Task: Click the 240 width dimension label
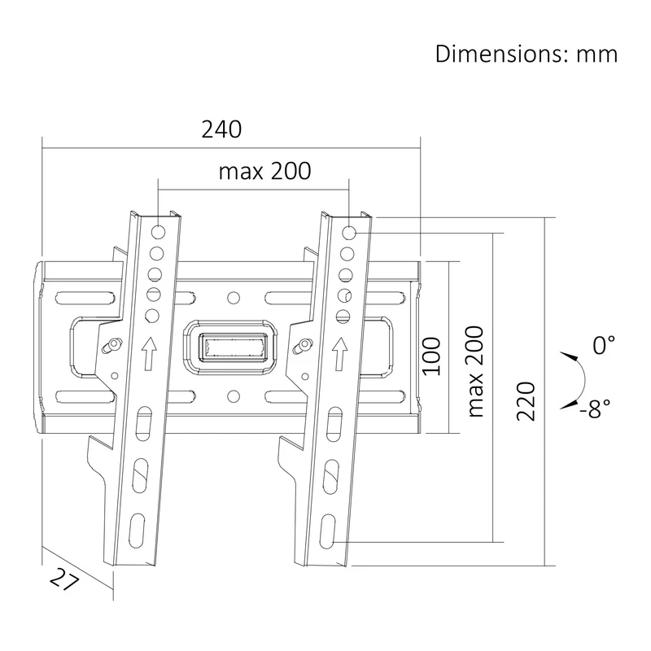point(221,129)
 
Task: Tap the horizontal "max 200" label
point(265,171)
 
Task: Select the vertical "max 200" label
point(475,372)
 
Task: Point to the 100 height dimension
point(431,356)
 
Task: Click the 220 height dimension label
point(526,401)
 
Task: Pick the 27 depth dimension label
point(64,579)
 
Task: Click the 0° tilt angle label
point(604,345)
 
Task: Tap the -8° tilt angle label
point(595,409)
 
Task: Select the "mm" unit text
point(597,55)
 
